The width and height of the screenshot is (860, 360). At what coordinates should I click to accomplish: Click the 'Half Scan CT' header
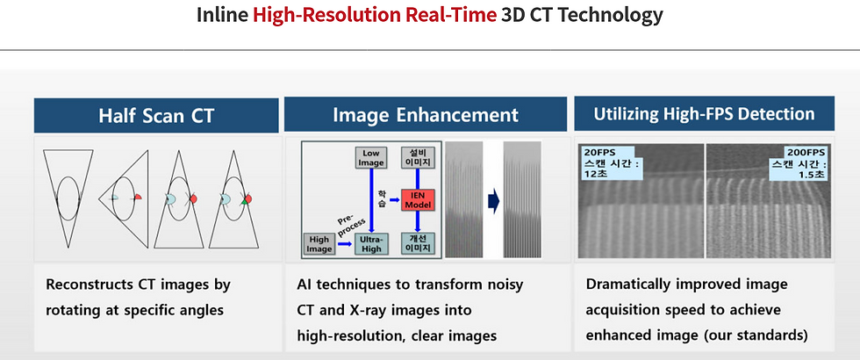click(156, 115)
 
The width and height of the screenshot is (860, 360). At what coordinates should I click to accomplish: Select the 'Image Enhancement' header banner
click(425, 114)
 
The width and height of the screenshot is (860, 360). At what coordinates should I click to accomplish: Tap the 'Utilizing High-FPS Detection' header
click(704, 113)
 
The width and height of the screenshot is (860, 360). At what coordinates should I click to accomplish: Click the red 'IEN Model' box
click(418, 200)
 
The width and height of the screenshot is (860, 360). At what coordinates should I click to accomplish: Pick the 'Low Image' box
click(370, 158)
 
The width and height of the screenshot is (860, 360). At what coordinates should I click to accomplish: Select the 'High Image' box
click(319, 244)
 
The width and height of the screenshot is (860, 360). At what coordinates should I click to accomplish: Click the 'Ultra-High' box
click(371, 244)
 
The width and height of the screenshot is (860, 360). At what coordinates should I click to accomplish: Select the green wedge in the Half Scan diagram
click(245, 202)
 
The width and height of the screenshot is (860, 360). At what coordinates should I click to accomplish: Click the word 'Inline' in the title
click(222, 15)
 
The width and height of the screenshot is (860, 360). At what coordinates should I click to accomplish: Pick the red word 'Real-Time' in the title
click(451, 15)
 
